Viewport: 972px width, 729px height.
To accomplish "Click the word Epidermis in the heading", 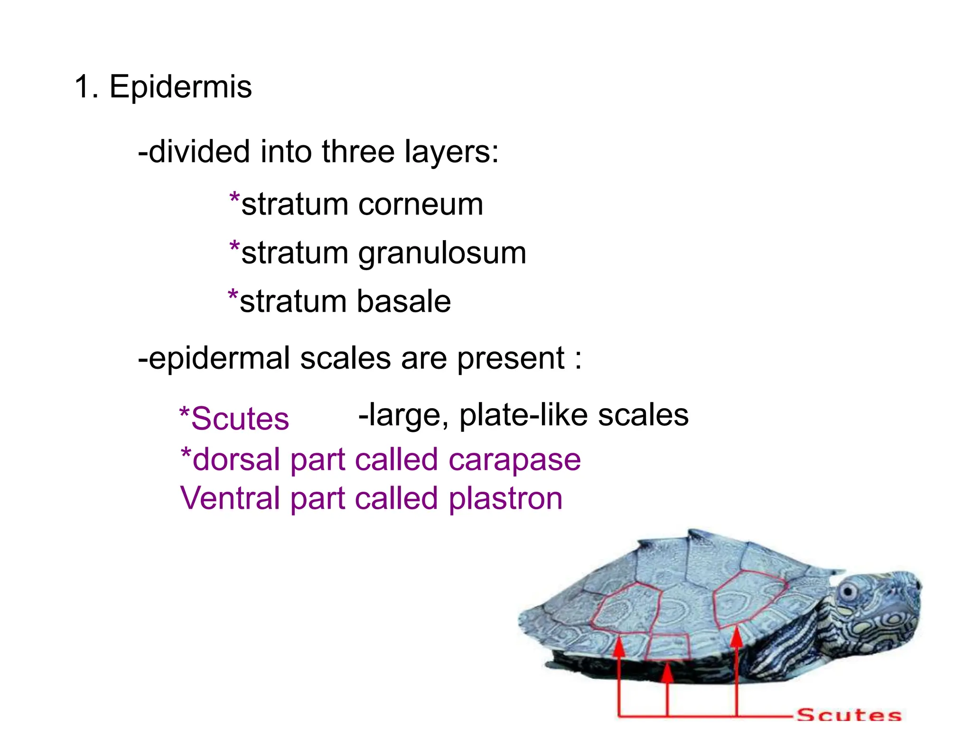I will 180,87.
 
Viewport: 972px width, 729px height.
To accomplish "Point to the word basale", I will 403,302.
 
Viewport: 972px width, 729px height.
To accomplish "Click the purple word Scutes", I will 240,419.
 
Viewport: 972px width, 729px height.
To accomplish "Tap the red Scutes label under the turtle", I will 849,715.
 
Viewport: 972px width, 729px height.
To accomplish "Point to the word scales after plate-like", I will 643,415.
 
